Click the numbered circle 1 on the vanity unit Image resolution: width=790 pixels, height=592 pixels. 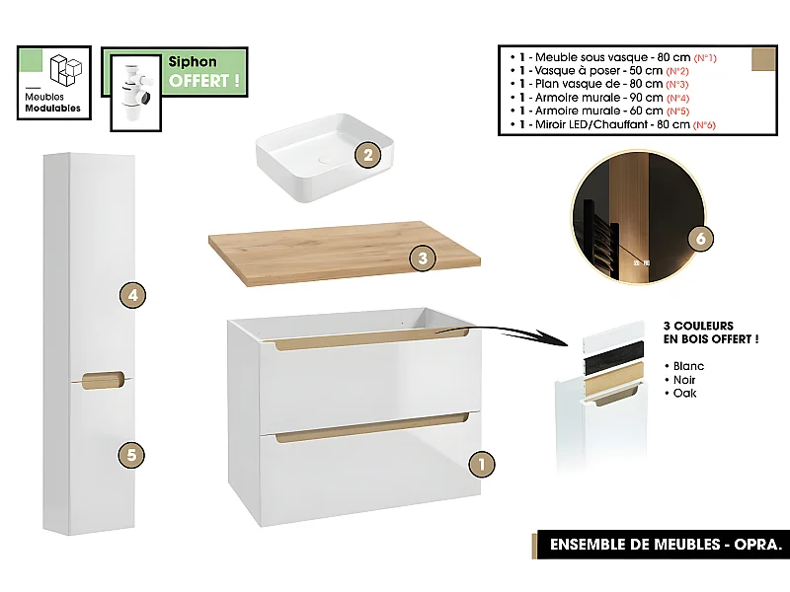(x=479, y=462)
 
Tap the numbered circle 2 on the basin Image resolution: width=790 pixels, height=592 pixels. (x=367, y=154)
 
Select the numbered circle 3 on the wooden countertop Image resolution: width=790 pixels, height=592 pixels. (x=422, y=259)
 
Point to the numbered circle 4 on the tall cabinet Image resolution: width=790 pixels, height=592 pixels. (x=131, y=294)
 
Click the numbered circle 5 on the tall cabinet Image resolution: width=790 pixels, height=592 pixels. (x=131, y=455)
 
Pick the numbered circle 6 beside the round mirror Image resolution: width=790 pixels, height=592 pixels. (x=700, y=239)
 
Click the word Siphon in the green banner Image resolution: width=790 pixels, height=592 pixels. (x=193, y=62)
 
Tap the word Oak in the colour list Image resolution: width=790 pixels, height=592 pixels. (x=685, y=393)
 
